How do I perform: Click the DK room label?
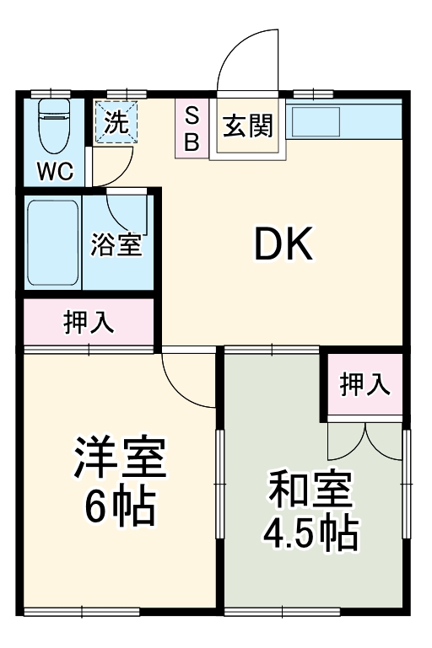[x=284, y=244]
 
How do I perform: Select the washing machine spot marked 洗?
[x=115, y=124]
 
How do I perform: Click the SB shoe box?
[x=192, y=128]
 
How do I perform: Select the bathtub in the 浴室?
[x=52, y=243]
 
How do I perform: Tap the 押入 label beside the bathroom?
[x=89, y=323]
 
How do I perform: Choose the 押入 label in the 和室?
[x=365, y=384]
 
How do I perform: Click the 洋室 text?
[x=119, y=458]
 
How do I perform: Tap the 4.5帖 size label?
[x=310, y=533]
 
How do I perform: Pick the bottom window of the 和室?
[x=282, y=611]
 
